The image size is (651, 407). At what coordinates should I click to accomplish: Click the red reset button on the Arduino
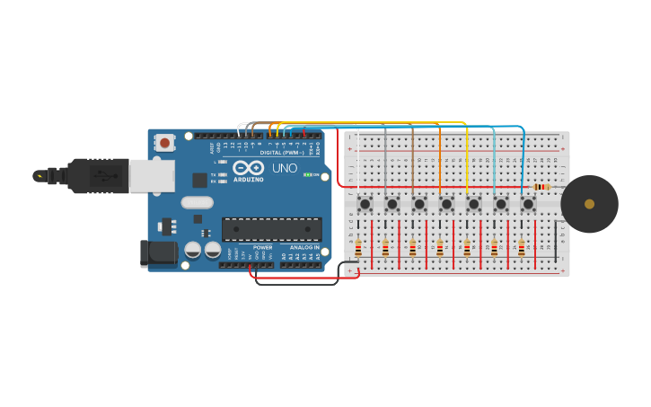164,143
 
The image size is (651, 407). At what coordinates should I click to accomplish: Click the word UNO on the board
285,168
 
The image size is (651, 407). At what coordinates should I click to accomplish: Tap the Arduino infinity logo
248,167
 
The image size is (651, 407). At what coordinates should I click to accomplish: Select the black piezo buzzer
589,204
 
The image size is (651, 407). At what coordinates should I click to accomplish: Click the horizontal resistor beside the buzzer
541,187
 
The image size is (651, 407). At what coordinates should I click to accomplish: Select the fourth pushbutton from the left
446,204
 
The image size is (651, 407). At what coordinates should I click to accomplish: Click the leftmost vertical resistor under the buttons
358,247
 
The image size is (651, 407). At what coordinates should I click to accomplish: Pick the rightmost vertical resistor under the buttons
521,247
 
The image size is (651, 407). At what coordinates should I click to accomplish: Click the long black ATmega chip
271,229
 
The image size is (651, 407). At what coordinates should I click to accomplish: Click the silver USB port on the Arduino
152,176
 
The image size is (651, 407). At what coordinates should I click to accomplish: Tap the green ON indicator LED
307,174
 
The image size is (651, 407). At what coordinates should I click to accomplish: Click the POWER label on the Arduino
262,247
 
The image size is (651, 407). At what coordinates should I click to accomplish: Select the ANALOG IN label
304,247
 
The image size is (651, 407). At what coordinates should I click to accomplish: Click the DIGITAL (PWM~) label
281,153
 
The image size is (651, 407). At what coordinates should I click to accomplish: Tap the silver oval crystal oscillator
197,202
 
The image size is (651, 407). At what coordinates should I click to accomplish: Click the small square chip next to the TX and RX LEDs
199,180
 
